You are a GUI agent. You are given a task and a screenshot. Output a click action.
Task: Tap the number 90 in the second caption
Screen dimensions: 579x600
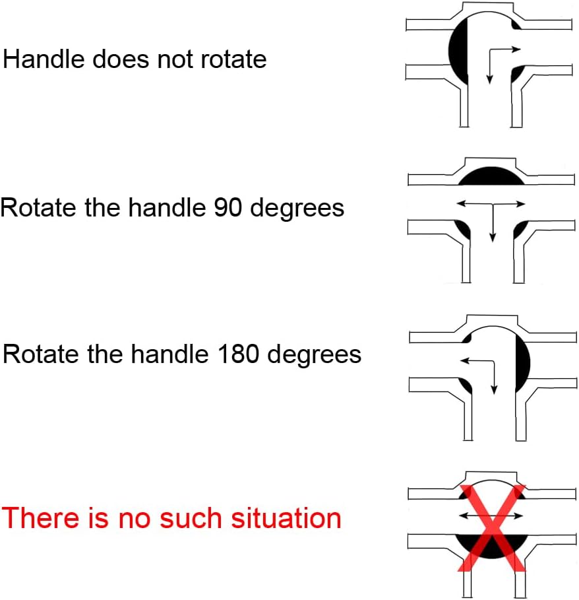[228, 208]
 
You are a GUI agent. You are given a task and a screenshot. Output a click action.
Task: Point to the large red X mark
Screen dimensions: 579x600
[492, 528]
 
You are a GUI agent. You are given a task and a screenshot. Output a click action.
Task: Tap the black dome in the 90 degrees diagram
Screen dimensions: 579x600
[492, 176]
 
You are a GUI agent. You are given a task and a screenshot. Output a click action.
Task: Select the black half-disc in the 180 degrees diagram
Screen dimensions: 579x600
[522, 364]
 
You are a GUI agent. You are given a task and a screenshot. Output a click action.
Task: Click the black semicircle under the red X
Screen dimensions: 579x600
[492, 546]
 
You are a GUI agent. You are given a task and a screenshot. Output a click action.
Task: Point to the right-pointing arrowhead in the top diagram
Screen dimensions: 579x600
[517, 49]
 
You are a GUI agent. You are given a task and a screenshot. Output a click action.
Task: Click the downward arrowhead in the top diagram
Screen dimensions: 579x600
[489, 80]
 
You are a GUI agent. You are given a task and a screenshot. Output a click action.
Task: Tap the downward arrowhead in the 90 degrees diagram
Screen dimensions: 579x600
[493, 237]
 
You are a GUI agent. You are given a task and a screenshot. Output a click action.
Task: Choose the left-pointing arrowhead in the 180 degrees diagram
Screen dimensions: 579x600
[465, 360]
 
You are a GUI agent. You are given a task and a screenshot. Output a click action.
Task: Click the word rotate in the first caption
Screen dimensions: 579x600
[233, 60]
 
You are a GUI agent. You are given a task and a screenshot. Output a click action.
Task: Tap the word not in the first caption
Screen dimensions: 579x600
[175, 60]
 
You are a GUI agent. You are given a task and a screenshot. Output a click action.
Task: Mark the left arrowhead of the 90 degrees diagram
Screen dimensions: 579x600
[462, 203]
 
